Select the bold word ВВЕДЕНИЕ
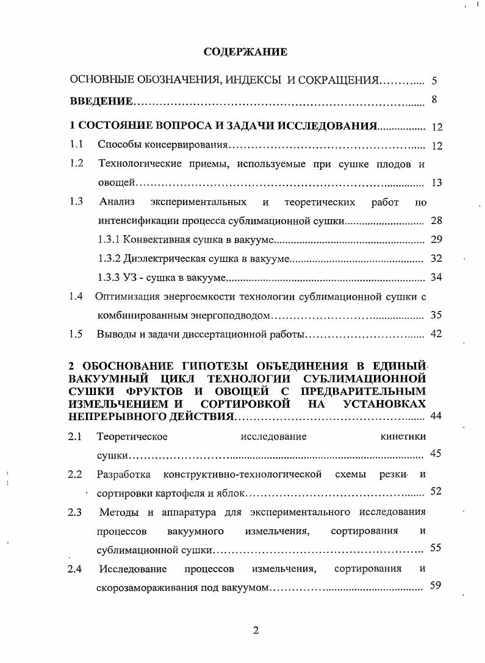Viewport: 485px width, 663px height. [101, 101]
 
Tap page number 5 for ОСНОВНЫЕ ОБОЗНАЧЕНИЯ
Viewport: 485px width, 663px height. [434, 80]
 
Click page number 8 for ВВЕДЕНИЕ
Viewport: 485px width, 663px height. [434, 100]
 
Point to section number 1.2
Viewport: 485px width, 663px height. [76, 163]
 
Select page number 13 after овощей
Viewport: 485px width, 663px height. [436, 183]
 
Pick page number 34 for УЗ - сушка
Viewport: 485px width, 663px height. [436, 278]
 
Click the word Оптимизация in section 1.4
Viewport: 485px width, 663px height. [126, 297]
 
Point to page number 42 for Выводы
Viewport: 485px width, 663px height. [436, 334]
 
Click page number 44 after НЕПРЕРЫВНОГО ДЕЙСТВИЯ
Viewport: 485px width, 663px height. [436, 416]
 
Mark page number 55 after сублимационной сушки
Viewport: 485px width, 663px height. [436, 548]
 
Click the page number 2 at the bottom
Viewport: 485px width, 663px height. [256, 631]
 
